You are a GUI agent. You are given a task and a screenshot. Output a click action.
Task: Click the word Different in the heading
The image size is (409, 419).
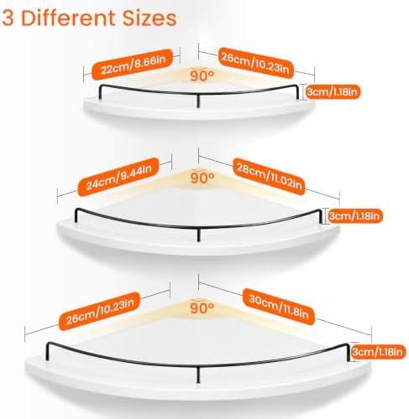point(70,18)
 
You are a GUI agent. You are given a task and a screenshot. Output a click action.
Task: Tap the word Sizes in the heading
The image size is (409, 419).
point(149,18)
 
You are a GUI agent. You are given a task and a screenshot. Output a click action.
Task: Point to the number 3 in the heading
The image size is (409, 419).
point(8,18)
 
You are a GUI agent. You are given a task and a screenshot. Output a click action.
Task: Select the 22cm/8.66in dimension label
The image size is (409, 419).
point(132,65)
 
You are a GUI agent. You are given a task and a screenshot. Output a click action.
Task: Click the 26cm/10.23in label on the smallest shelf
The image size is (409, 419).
point(256,63)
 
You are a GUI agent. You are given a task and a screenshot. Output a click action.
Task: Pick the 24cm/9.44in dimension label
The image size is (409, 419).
point(118,177)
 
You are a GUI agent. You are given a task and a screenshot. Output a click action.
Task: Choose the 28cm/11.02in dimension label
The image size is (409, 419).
point(270,177)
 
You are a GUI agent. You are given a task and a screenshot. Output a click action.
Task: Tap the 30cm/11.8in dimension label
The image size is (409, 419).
point(279,307)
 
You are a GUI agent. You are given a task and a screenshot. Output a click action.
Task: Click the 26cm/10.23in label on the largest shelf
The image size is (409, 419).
point(99,311)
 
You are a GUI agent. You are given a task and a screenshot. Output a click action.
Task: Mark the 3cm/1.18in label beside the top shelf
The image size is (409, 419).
point(333,92)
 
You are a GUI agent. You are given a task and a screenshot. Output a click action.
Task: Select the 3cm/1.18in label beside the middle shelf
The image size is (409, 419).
point(355,216)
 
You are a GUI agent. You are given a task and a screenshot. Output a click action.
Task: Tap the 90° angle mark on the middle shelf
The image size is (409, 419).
point(202,178)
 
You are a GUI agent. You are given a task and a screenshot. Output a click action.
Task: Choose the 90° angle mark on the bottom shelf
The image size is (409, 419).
point(202,308)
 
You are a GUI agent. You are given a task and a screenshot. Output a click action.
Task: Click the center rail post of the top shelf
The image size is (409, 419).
point(198,101)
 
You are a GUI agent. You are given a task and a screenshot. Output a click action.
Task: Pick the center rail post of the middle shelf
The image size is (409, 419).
point(198,235)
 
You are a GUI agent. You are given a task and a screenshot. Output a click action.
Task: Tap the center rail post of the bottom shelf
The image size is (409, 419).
point(198,375)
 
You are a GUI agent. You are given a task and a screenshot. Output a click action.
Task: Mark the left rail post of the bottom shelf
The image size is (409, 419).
point(47,351)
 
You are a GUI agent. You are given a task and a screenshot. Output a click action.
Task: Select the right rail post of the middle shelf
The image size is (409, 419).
point(320,216)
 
